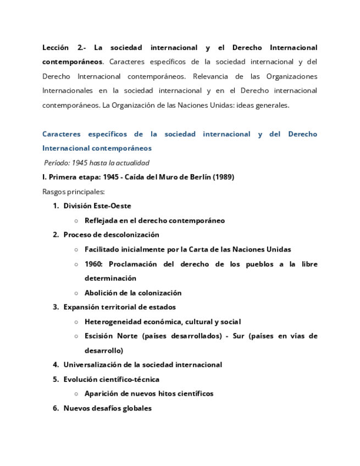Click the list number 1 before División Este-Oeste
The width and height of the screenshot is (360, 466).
(x=56, y=206)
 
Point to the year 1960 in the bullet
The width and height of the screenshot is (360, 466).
(x=93, y=264)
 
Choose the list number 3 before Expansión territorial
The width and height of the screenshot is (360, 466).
(x=56, y=307)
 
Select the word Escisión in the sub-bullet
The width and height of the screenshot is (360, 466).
(x=99, y=336)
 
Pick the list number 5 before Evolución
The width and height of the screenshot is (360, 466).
(x=56, y=379)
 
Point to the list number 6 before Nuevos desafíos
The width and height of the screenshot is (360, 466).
(x=56, y=408)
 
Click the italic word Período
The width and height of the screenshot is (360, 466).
(x=57, y=163)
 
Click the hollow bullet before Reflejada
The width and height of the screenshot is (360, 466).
(x=76, y=221)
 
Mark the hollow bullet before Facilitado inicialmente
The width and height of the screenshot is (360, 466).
(x=76, y=249)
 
